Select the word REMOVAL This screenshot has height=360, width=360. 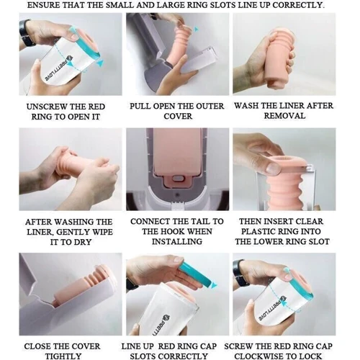[x=284, y=116]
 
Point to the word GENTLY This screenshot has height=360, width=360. [x=73, y=232]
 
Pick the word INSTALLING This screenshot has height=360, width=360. [x=177, y=242]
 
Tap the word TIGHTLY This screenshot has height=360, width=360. [x=63, y=356]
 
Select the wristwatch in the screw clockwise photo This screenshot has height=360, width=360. [x=239, y=273]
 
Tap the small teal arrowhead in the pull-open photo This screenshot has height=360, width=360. [x=197, y=30]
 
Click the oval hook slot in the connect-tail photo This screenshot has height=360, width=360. [x=178, y=179]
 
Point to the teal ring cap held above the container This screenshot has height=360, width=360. [x=197, y=275]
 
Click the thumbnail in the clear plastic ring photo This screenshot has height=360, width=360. [x=273, y=168]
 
